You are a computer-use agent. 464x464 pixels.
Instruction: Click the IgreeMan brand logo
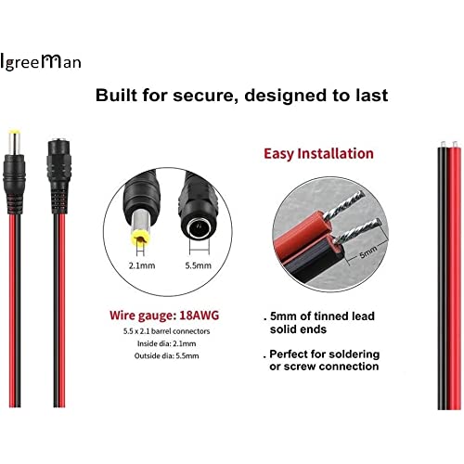[x=41, y=62]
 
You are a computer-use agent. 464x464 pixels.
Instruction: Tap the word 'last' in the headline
[x=371, y=95]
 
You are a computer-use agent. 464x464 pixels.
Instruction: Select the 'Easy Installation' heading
[x=318, y=154]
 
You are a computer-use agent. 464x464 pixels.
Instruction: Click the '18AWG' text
[x=200, y=316]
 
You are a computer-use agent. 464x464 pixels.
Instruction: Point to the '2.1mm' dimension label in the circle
[x=142, y=265]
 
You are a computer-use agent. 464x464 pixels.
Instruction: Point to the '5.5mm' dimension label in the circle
[x=198, y=265]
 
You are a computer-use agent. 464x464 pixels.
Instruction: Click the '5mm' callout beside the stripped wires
[x=367, y=252]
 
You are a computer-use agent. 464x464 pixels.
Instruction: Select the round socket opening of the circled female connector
[x=199, y=228]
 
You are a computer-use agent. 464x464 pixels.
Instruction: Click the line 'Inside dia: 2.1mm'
[x=166, y=343]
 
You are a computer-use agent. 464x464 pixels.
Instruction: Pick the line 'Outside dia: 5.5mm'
[x=166, y=355]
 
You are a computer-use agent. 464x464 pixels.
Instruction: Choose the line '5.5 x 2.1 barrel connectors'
[x=166, y=331]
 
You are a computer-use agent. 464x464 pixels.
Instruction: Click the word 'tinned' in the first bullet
[x=333, y=316]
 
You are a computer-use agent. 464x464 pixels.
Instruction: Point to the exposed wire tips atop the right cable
[x=448, y=144]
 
